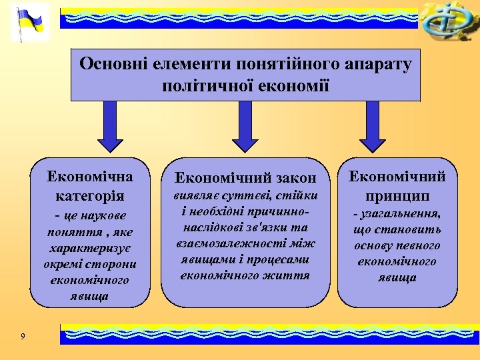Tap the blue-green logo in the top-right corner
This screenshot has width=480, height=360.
(x=448, y=21)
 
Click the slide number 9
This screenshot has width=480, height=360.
(x=23, y=337)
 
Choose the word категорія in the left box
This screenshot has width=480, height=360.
(x=90, y=197)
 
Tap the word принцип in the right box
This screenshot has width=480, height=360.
(x=398, y=197)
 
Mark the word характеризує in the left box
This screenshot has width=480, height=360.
(x=90, y=248)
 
